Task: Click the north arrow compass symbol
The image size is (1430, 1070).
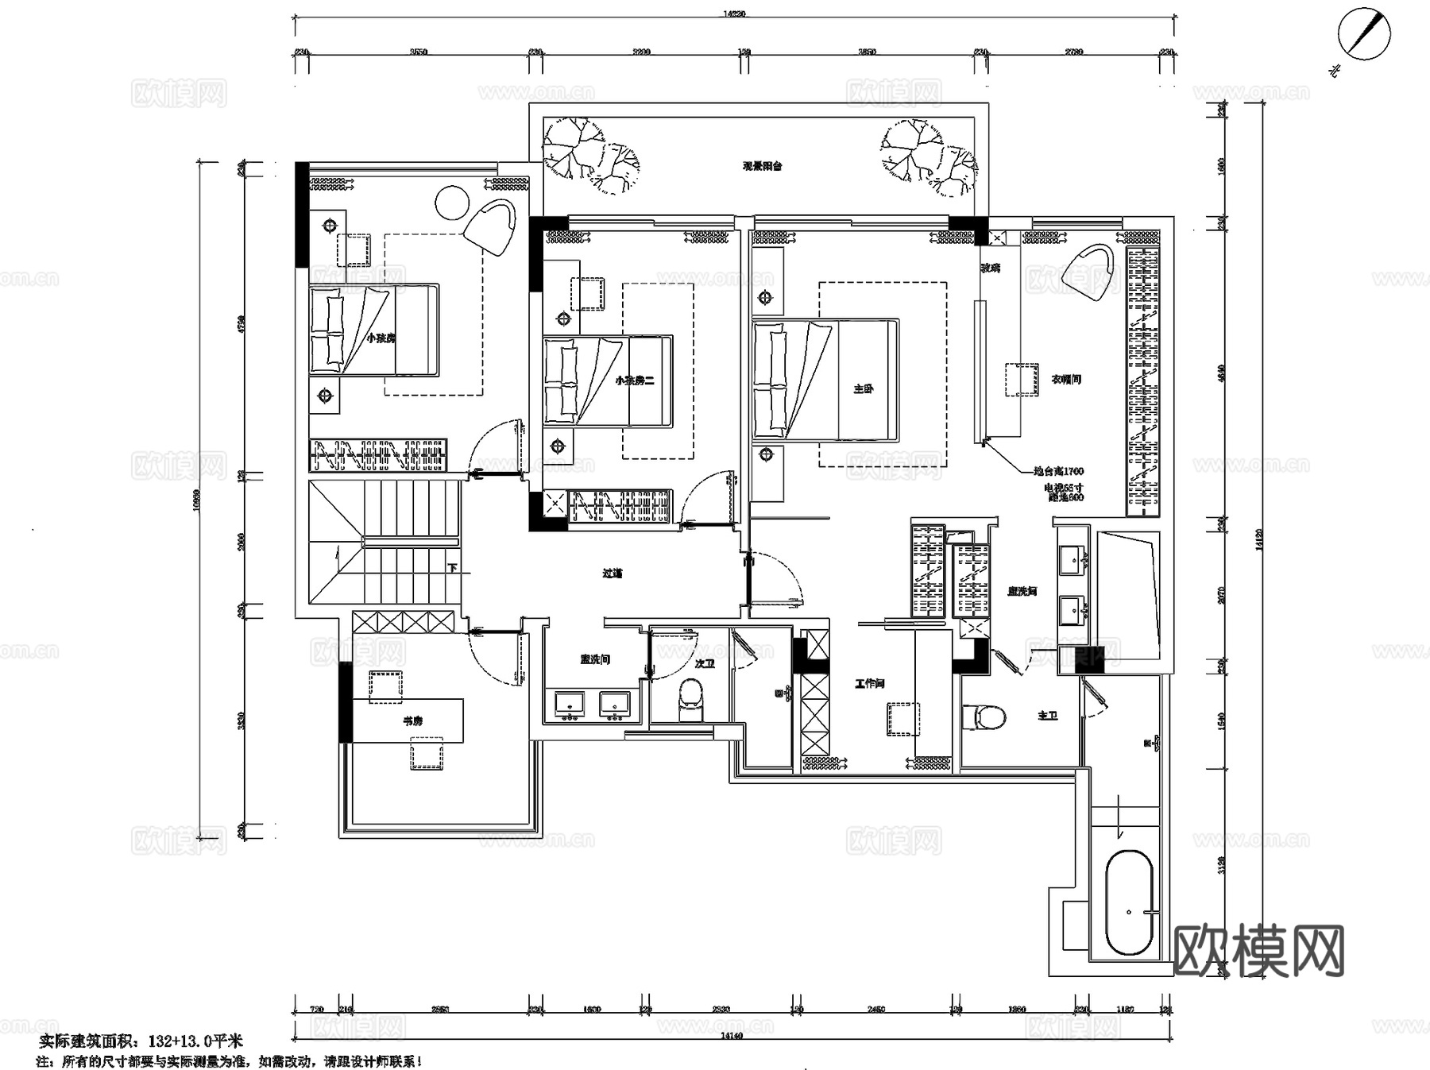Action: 1364,34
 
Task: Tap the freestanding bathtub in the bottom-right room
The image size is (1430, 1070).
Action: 1129,903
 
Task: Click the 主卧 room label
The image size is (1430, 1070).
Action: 864,389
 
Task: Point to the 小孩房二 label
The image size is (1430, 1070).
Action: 634,380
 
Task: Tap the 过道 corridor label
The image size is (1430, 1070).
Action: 612,573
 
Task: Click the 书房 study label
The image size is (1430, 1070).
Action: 412,721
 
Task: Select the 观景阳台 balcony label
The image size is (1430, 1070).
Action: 763,167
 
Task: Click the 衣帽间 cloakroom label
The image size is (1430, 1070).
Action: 1066,380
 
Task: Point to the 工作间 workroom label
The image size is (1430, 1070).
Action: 870,683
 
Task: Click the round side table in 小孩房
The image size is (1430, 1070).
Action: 452,202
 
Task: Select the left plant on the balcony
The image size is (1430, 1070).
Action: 589,155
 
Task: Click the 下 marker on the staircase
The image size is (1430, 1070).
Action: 452,569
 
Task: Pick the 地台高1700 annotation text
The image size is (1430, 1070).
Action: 1058,472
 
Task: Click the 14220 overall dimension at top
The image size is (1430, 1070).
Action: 734,14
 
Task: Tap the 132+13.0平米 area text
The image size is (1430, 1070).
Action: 191,1041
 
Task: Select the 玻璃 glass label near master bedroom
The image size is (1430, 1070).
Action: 990,268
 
